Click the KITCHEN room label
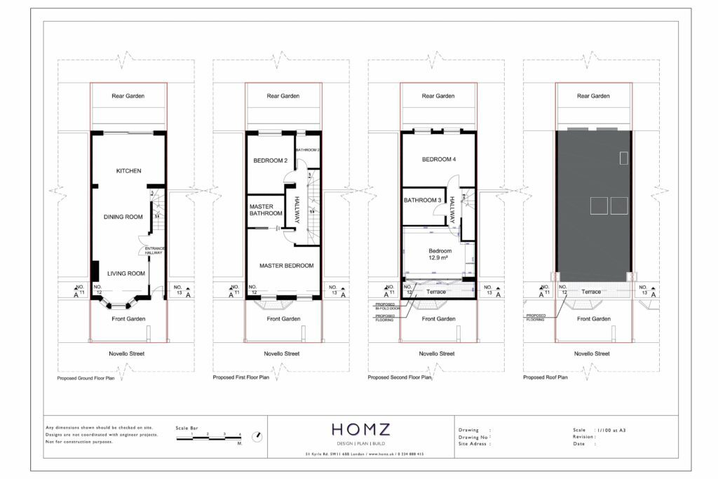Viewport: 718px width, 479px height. pyautogui.click(x=128, y=171)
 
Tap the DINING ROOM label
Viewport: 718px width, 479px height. pyautogui.click(x=123, y=217)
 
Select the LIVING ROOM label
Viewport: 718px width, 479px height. pyautogui.click(x=126, y=274)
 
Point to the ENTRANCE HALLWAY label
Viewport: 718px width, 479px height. pyautogui.click(x=154, y=250)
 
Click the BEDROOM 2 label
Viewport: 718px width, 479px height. pyautogui.click(x=271, y=161)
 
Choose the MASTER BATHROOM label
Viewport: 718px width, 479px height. pyautogui.click(x=266, y=210)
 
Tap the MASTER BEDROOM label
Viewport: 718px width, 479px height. pyautogui.click(x=286, y=266)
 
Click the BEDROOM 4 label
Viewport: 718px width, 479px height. pyautogui.click(x=439, y=160)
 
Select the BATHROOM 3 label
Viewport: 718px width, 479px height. pyautogui.click(x=424, y=201)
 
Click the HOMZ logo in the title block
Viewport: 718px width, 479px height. pyautogui.click(x=360, y=430)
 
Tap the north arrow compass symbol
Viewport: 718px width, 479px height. pyautogui.click(x=258, y=437)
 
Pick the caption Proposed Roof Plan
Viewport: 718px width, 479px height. pyautogui.click(x=546, y=377)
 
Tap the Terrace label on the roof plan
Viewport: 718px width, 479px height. pyautogui.click(x=591, y=292)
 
